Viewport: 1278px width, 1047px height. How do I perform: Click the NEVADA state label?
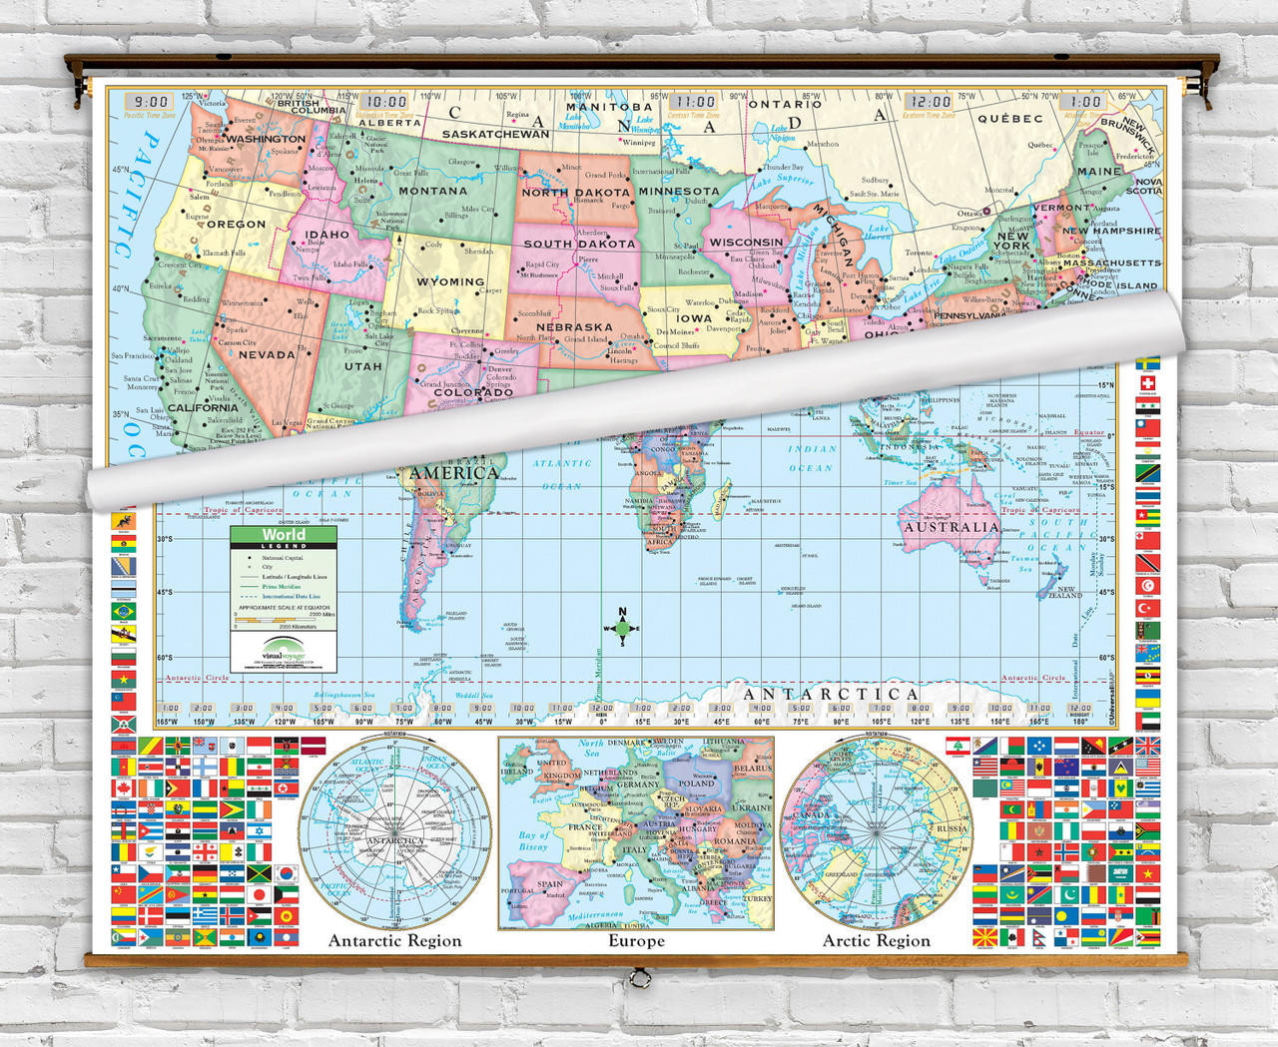(267, 354)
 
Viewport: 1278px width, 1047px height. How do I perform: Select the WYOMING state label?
(450, 281)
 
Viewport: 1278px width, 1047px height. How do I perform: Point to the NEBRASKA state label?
(574, 326)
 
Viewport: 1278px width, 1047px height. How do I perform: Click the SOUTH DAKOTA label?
(579, 244)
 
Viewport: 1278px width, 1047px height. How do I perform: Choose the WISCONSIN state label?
(746, 242)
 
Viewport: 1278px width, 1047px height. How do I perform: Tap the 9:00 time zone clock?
(152, 102)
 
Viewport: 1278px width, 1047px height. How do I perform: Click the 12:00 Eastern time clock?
(931, 102)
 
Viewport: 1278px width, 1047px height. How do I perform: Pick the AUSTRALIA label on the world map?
(951, 526)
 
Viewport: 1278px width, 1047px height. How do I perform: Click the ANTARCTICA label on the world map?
(832, 694)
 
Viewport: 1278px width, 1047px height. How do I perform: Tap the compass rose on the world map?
(622, 628)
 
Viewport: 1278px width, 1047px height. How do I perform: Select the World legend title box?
(284, 536)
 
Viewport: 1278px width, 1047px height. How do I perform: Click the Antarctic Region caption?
(395, 940)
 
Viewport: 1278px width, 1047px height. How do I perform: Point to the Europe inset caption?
(636, 940)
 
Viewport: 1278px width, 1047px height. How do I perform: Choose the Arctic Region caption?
(876, 940)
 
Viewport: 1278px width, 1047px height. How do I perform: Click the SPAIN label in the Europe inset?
(550, 884)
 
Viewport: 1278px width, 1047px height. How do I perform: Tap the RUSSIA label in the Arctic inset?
(951, 828)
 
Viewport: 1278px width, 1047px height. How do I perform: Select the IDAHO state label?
(326, 235)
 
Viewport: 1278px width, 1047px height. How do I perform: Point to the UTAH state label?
(362, 366)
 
